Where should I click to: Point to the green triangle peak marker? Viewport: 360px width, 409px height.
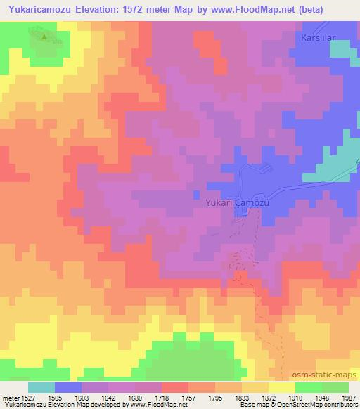[44, 37]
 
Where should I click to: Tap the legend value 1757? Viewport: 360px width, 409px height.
[189, 397]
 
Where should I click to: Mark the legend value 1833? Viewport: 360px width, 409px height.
[243, 397]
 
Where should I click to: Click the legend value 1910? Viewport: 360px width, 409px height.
[295, 397]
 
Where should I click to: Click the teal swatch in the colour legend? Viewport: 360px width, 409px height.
[41, 387]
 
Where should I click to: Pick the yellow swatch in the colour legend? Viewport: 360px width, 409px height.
[282, 387]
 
